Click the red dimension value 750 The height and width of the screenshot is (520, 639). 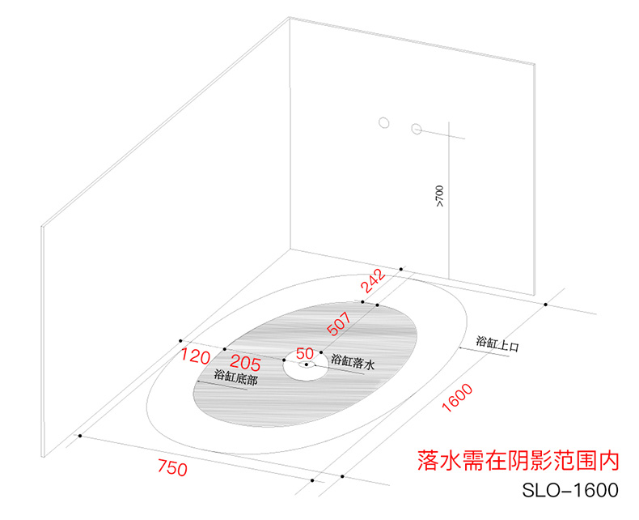coord(171,468)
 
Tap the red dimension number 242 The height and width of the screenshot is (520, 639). coord(373,283)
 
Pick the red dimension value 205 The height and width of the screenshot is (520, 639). coord(246,360)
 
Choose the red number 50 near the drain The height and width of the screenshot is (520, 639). coord(305,354)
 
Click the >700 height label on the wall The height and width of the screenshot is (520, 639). coord(439,196)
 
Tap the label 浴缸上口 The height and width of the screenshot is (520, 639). coord(497,343)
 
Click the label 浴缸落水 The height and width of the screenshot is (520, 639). coord(353,364)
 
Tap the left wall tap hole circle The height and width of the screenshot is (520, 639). coord(385,123)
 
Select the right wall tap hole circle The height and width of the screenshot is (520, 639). coord(417,128)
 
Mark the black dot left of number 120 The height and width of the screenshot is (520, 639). coord(180,341)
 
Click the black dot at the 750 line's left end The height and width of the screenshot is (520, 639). coord(80,436)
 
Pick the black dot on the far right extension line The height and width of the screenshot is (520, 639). coord(547,305)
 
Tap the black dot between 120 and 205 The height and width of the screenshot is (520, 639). coord(224,348)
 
